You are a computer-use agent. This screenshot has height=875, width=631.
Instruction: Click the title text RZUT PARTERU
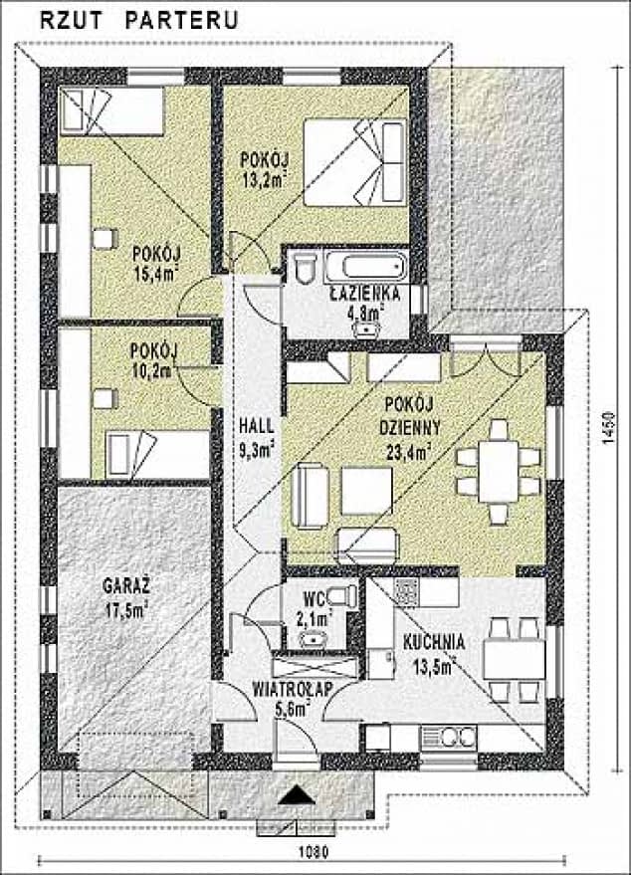[139, 20]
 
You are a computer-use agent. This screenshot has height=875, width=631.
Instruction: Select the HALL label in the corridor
[256, 426]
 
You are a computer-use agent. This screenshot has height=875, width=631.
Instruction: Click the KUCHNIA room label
[434, 642]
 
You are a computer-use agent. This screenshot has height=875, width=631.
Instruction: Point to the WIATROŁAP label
[293, 689]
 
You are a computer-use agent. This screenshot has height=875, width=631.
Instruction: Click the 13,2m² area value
[265, 180]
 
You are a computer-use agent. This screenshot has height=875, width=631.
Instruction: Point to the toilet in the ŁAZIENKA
[306, 268]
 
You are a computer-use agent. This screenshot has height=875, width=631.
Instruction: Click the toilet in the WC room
[342, 595]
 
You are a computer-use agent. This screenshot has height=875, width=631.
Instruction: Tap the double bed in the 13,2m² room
[355, 162]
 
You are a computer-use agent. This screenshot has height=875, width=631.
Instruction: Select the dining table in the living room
[499, 472]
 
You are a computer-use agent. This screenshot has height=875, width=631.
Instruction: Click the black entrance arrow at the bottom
[294, 794]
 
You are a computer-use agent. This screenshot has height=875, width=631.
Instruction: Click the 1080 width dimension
[313, 852]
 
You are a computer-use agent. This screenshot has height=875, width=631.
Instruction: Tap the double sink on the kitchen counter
[449, 738]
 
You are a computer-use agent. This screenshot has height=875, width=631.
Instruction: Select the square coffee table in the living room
[366, 491]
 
